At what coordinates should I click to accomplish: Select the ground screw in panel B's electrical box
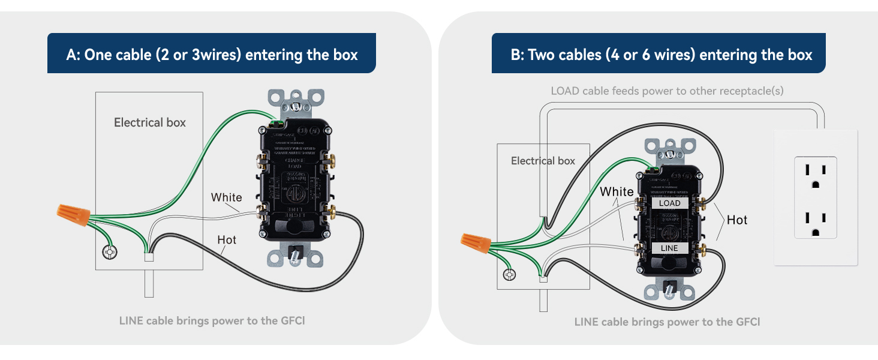[510, 275]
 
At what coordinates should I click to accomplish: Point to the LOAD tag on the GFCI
[669, 203]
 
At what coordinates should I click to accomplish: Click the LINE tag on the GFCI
[669, 248]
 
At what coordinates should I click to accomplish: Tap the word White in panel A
[226, 197]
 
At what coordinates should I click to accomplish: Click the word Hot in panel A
[227, 240]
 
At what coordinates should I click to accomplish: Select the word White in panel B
[617, 191]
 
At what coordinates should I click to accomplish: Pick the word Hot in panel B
[737, 220]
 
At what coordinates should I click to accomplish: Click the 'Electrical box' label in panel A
[150, 122]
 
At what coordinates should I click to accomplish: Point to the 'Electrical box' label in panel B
[543, 161]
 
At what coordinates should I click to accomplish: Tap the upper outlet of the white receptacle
[815, 174]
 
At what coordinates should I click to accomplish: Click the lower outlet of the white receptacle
[815, 222]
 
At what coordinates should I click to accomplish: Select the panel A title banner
[212, 55]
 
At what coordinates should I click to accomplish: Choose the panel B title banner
[661, 55]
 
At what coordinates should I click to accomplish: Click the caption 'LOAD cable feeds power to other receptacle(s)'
[667, 91]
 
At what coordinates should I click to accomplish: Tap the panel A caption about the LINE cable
[212, 320]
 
